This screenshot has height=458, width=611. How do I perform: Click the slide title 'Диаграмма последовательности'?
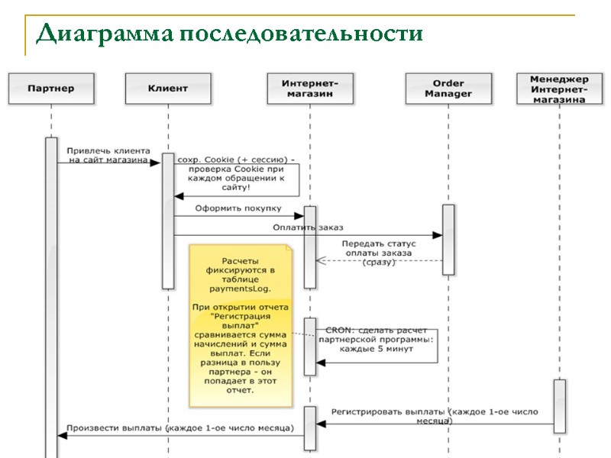[229, 34]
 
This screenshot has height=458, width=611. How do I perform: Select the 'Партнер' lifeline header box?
[51, 89]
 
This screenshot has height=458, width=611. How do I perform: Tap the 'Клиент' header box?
[167, 89]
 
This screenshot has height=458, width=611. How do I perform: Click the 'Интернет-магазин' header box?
[310, 89]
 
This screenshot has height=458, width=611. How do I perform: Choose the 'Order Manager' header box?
[448, 89]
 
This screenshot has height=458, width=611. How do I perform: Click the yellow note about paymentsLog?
[240, 326]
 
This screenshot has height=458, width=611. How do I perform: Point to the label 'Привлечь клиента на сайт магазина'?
[108, 155]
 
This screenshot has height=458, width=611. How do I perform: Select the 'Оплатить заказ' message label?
[308, 227]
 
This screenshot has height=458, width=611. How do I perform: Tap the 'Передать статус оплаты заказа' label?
[378, 253]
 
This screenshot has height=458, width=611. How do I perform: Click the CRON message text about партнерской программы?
[375, 338]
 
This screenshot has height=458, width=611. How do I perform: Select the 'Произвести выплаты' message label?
[179, 428]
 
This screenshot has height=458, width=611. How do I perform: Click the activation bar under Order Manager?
[448, 239]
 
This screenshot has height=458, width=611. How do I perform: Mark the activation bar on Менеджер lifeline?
[560, 405]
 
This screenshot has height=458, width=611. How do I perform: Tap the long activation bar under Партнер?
[51, 298]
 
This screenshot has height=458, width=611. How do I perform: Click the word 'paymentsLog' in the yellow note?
[240, 290]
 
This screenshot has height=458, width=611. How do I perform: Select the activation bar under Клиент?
[168, 221]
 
